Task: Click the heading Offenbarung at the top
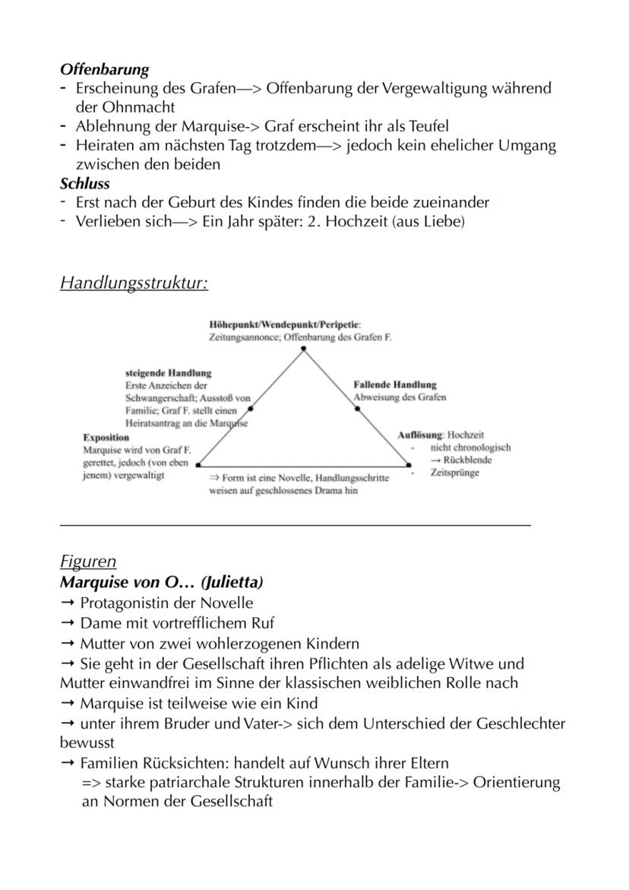pos(105,69)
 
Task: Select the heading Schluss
pos(85,183)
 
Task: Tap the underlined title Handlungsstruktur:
pos(134,283)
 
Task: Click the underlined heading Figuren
pos(88,562)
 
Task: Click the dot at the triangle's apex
pos(303,348)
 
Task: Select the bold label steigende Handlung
pos(168,373)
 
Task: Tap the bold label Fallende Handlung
pos(395,385)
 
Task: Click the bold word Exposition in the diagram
pos(106,438)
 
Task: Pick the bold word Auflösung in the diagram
pos(420,435)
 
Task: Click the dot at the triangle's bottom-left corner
pos(198,463)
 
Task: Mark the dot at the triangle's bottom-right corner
pos(409,464)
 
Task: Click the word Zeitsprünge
pos(454,473)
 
